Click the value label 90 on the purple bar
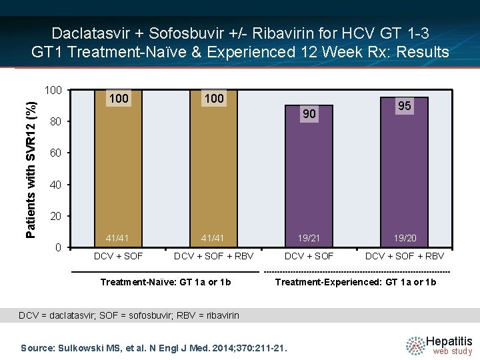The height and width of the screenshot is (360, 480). point(309,115)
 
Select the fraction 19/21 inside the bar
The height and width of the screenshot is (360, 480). point(309,238)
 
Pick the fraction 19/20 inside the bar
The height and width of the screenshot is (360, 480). point(404,238)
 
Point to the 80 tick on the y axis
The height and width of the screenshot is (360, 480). point(57,123)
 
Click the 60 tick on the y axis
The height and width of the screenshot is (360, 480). point(57,153)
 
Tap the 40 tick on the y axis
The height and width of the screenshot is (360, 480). point(57,185)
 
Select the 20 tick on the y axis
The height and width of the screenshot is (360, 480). point(57,217)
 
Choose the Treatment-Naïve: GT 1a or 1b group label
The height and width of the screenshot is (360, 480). point(165,282)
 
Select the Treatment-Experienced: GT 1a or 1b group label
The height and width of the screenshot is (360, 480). point(356,282)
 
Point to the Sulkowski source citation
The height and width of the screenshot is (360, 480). point(154,347)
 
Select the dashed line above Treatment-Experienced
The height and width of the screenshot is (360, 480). point(357,272)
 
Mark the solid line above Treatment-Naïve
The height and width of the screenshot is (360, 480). point(165,272)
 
